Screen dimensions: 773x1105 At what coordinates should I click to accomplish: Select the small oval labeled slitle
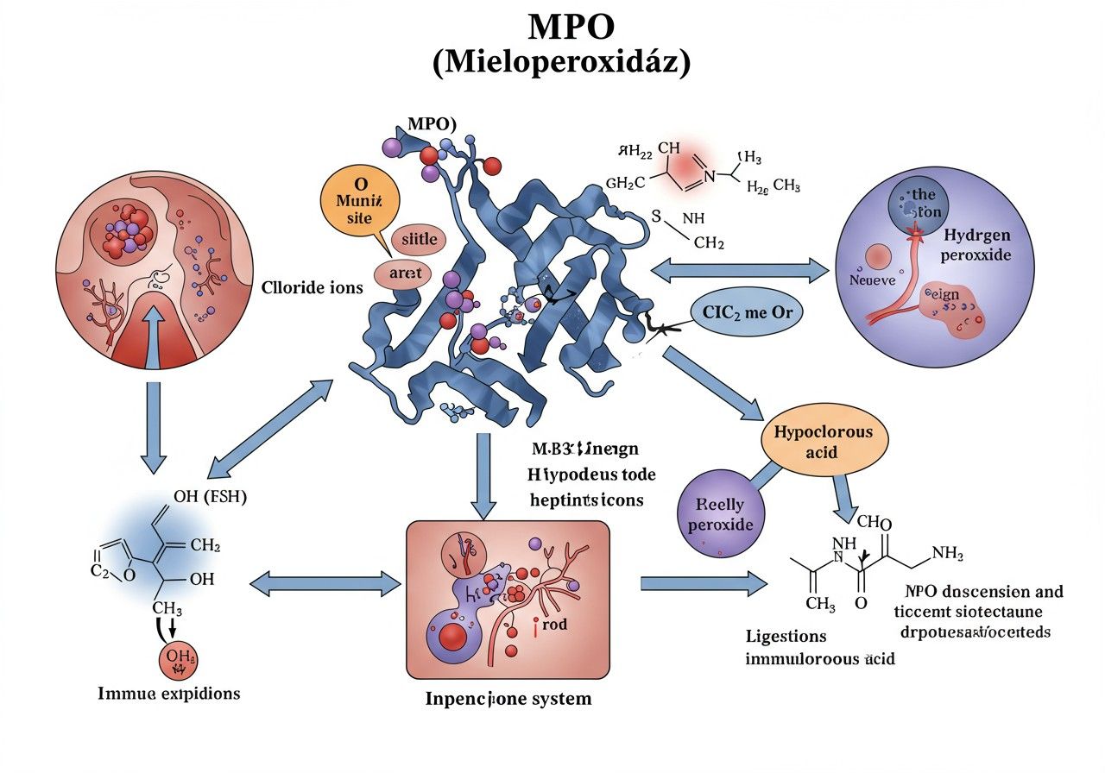tap(419, 239)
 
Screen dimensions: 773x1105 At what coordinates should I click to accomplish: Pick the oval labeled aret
tap(404, 273)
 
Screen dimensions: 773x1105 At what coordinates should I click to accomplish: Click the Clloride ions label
tap(312, 288)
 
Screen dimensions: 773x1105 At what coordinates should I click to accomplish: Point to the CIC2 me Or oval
tap(747, 314)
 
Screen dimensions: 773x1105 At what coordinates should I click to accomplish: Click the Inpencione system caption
tap(508, 698)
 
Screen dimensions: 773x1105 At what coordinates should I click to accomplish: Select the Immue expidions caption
tap(169, 694)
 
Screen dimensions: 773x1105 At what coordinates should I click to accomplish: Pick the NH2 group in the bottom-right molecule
tap(947, 553)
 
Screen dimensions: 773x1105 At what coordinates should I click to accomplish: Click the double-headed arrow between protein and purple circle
tap(739, 270)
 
